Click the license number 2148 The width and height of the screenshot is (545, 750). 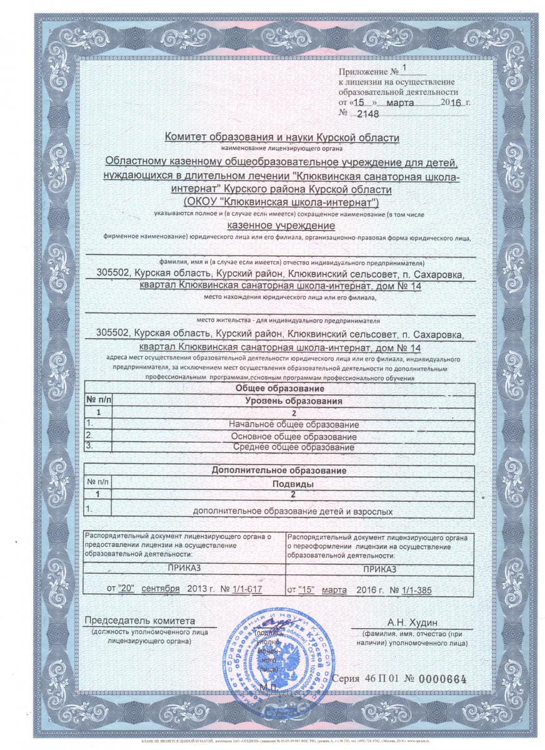pyautogui.click(x=366, y=113)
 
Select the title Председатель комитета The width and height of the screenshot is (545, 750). pyautogui.click(x=140, y=621)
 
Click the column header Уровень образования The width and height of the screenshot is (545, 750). pyautogui.click(x=294, y=401)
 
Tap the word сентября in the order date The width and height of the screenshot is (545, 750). pyautogui.click(x=161, y=589)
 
